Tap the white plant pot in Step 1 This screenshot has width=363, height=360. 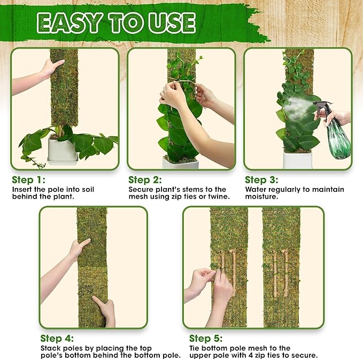63,151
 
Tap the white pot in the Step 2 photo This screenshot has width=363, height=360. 181,163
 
